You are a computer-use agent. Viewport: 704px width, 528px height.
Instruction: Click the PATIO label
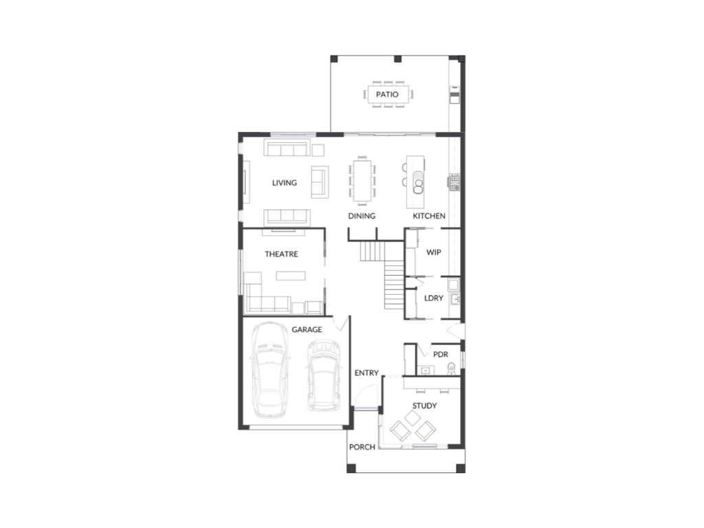tap(387, 94)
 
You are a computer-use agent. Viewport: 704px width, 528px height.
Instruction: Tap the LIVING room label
tap(284, 183)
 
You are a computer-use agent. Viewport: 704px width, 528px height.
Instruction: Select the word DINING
tap(362, 216)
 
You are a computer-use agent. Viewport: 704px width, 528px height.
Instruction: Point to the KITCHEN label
tap(429, 216)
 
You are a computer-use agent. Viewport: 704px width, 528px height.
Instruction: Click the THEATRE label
tap(281, 254)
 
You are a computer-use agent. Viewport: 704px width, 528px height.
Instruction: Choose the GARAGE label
tap(307, 329)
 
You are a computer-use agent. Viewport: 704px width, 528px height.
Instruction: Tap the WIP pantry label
tap(433, 252)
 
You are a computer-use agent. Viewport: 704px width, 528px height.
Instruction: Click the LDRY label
tap(433, 298)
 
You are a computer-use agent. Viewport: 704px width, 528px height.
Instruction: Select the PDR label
tap(441, 355)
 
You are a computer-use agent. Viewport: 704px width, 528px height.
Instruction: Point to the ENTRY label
tap(366, 373)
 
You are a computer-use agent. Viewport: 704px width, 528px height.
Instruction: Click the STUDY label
tap(424, 406)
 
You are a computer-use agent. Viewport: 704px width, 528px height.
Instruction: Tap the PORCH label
tap(362, 447)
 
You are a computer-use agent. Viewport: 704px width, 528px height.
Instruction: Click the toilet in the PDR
tap(451, 368)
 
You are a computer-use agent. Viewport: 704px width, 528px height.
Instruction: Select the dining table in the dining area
tap(362, 181)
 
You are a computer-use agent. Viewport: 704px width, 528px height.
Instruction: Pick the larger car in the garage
tap(269, 371)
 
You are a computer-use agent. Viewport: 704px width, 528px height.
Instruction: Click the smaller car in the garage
tap(323, 375)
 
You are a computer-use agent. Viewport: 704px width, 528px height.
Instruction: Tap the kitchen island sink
tap(418, 181)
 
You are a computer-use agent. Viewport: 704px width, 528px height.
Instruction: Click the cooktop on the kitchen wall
tap(454, 181)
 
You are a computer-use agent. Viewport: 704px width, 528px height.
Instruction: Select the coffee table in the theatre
tap(291, 276)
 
